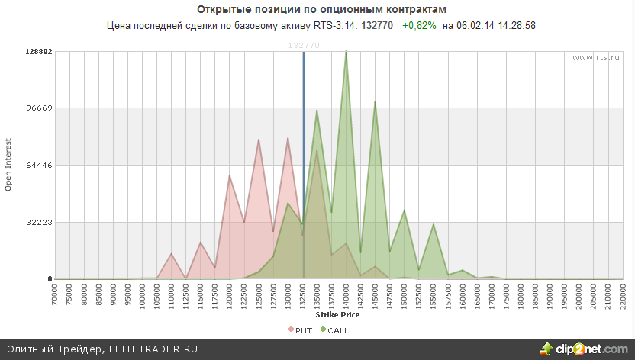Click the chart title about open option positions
click(x=321, y=9)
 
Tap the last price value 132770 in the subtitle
click(x=377, y=26)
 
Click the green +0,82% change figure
click(x=419, y=26)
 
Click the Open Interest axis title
click(x=9, y=165)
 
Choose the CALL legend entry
click(x=334, y=329)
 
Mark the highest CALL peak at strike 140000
click(x=346, y=52)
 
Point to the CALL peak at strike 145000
click(x=375, y=101)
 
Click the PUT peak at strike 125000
click(x=259, y=140)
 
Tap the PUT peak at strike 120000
click(x=230, y=176)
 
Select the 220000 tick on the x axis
click(x=622, y=295)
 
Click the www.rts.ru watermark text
click(x=596, y=57)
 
